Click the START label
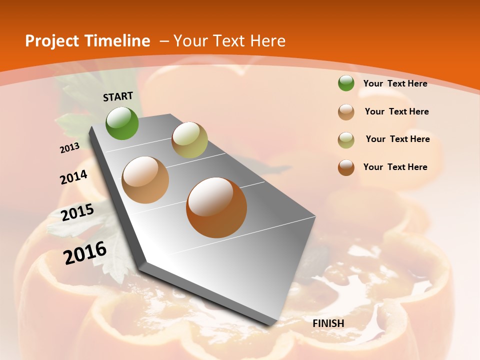118,96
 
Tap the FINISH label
328,323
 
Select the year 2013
70,147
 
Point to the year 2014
73,177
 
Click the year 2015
77,212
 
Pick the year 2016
85,252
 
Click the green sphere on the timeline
122,123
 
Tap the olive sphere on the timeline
189,140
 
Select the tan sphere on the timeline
145,180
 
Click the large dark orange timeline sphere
216,207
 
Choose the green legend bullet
346,83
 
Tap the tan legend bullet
346,112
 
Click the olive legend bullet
346,140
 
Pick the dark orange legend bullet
346,167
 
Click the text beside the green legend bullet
395,83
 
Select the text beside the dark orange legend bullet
395,167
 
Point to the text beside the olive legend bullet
397,139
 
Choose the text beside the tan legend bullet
396,111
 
